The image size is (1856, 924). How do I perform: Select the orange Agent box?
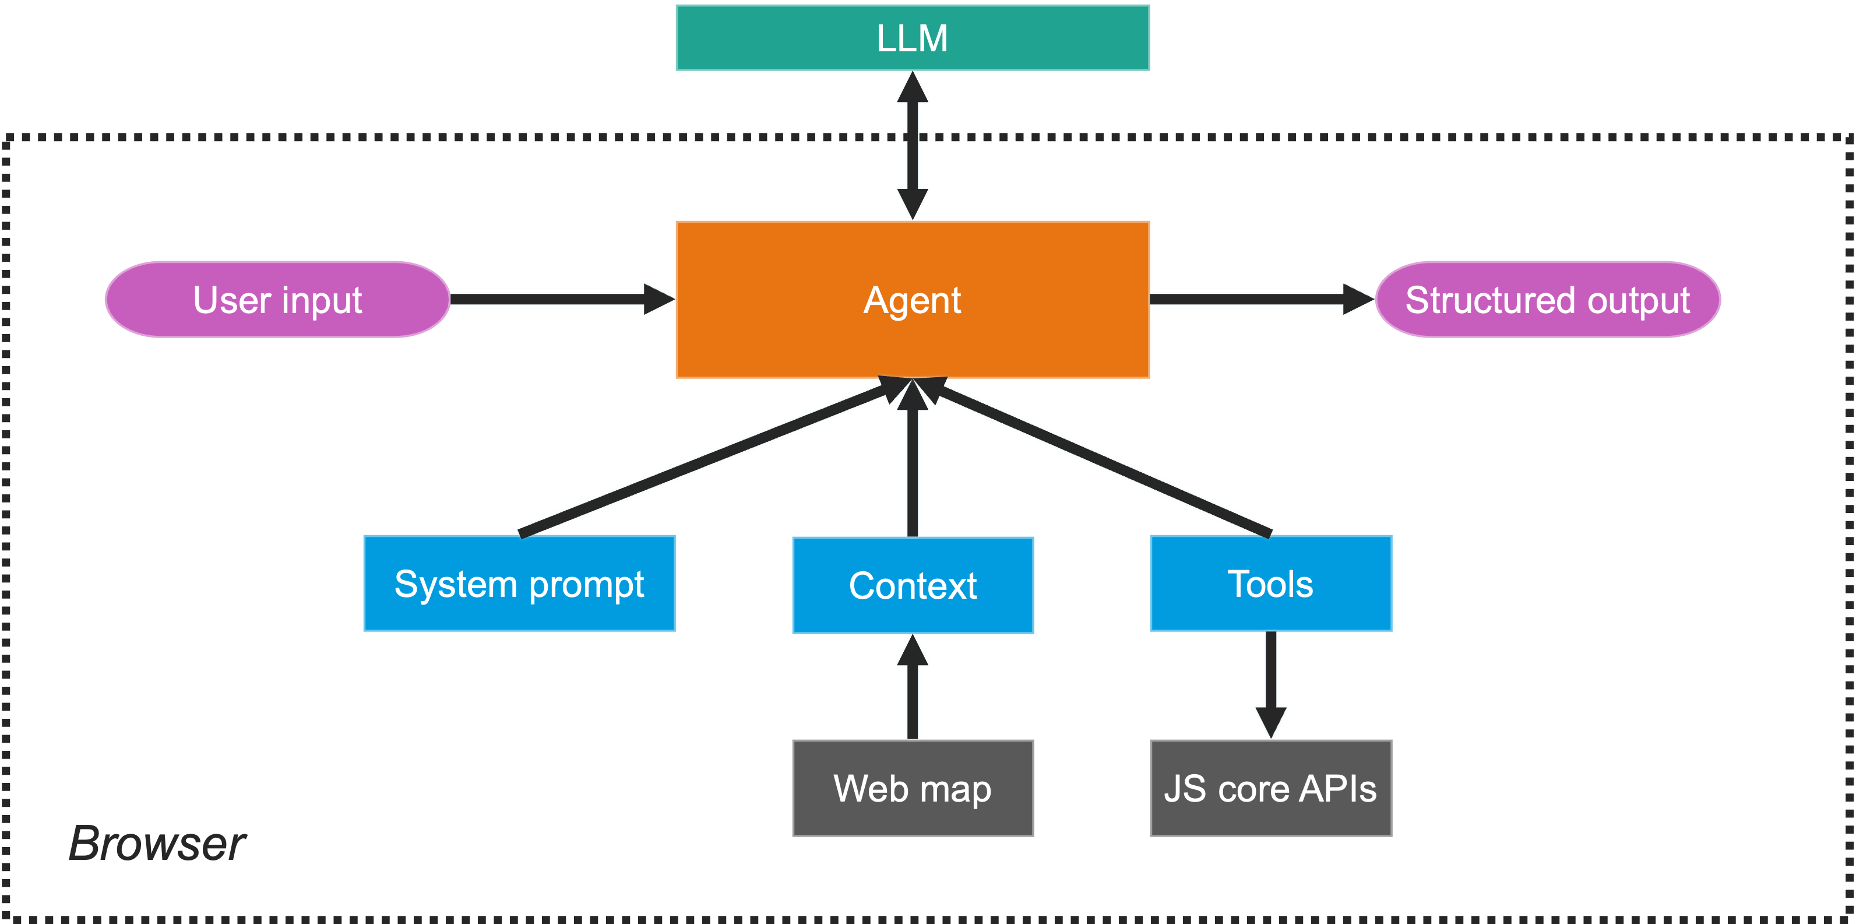912,300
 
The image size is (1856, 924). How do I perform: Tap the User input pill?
277,300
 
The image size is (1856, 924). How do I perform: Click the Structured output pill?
1548,300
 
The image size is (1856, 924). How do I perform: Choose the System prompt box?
519,584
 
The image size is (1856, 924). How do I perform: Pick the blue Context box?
912,585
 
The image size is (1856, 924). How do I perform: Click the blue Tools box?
1270,584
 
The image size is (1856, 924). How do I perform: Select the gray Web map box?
912,789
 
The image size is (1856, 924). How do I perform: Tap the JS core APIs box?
1270,789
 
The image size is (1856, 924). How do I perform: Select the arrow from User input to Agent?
555,298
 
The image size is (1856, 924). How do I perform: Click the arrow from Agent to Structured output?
1253,298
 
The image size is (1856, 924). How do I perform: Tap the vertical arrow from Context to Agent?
912,469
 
